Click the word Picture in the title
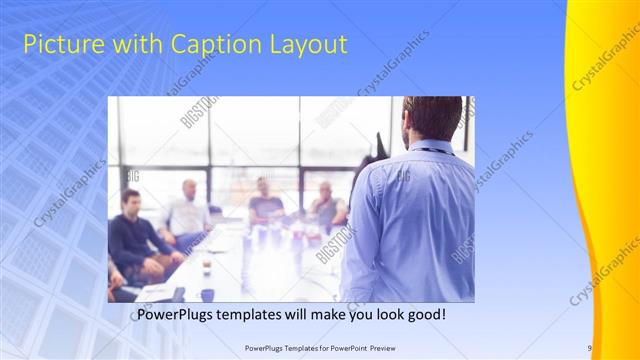59,44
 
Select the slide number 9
590,348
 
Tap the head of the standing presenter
433,118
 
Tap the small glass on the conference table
206,266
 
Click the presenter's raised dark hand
379,145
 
